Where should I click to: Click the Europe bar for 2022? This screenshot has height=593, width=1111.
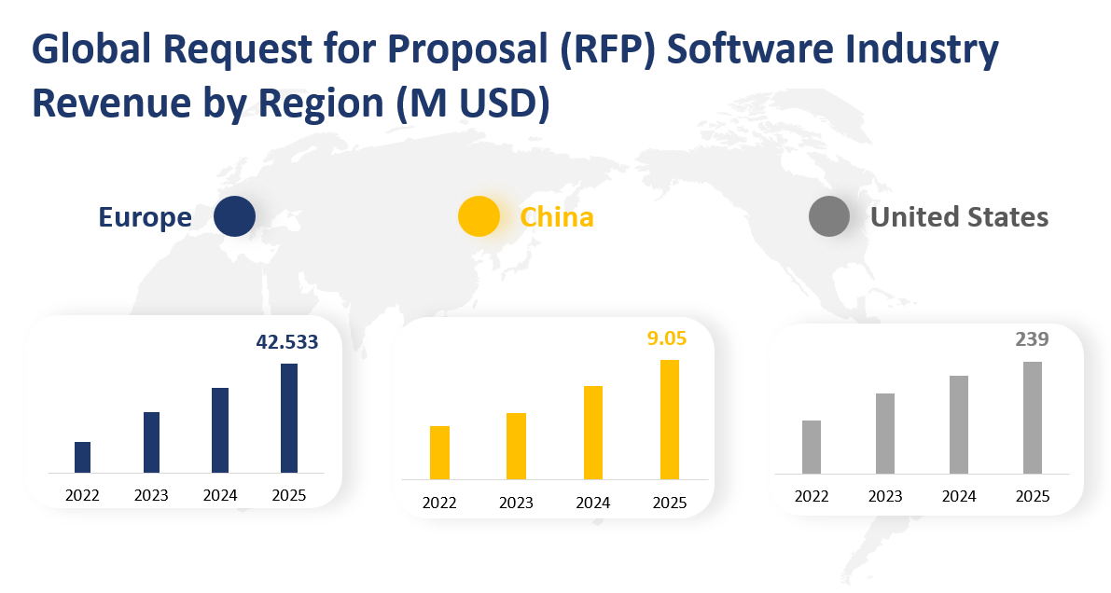pyautogui.click(x=82, y=457)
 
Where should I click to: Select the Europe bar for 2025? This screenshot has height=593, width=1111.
pyautogui.click(x=289, y=418)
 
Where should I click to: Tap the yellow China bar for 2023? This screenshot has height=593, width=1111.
pyautogui.click(x=516, y=446)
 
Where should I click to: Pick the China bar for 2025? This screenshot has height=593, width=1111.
pyautogui.click(x=670, y=420)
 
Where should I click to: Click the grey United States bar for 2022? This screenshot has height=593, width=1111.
pyautogui.click(x=812, y=447)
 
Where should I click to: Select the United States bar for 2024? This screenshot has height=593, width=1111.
pyautogui.click(x=958, y=424)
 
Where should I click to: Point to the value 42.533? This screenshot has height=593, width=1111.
pyautogui.click(x=287, y=342)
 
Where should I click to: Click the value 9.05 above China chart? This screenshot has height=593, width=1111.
pyautogui.click(x=667, y=338)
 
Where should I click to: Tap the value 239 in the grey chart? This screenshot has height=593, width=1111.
pyautogui.click(x=1032, y=339)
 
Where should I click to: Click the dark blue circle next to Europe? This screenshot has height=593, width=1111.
pyautogui.click(x=234, y=217)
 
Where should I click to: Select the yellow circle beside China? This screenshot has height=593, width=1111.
pyautogui.click(x=479, y=217)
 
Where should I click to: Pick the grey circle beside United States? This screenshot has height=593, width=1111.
pyautogui.click(x=828, y=217)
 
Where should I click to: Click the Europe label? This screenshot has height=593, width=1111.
pyautogui.click(x=146, y=217)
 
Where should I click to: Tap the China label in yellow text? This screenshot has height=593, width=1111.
pyautogui.click(x=557, y=217)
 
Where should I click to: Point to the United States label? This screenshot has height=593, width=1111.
pyautogui.click(x=959, y=217)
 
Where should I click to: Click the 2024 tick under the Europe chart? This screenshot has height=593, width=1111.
pyautogui.click(x=220, y=495)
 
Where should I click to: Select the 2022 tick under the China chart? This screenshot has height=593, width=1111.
pyautogui.click(x=439, y=503)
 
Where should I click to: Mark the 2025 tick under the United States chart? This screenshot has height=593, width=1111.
pyautogui.click(x=1032, y=496)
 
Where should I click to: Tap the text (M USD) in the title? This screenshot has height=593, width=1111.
pyautogui.click(x=471, y=104)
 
